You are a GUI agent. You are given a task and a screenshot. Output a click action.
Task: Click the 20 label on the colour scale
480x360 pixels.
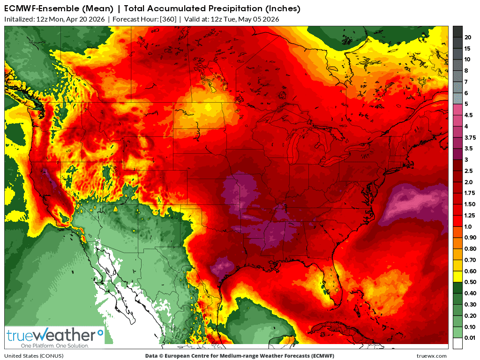coord(467,37)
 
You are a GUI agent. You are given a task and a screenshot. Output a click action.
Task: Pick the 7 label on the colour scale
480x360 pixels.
coord(466,82)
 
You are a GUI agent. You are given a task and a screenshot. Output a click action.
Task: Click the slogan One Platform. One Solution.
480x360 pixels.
coord(48,345)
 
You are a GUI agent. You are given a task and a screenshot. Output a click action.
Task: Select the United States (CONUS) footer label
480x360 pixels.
coord(31,356)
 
